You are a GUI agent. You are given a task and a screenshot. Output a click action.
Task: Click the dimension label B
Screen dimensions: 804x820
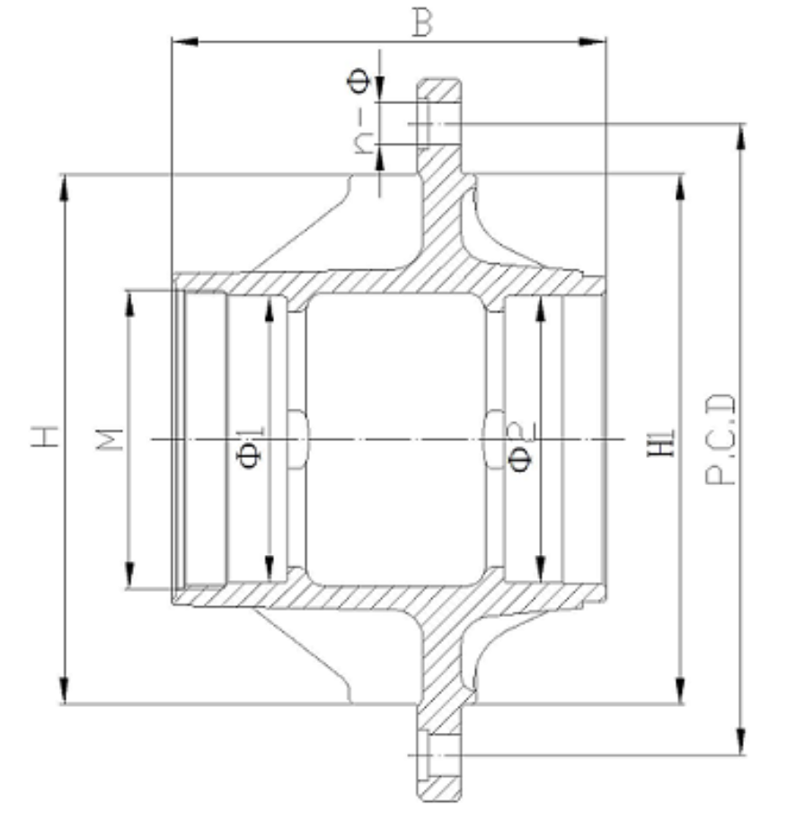pyautogui.click(x=422, y=23)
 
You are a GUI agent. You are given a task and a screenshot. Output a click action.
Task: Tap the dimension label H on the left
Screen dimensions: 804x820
pyautogui.click(x=45, y=436)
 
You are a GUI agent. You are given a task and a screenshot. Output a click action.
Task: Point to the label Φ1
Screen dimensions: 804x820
pyautogui.click(x=250, y=447)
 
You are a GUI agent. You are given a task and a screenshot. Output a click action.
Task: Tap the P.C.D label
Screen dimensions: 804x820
pyautogui.click(x=720, y=439)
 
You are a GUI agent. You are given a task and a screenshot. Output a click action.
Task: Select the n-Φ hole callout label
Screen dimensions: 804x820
pyautogui.click(x=361, y=111)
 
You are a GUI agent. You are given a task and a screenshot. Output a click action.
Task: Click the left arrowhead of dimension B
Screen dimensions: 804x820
pyautogui.click(x=185, y=41)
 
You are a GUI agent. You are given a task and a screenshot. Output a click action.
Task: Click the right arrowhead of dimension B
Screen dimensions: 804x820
pyautogui.click(x=592, y=41)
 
